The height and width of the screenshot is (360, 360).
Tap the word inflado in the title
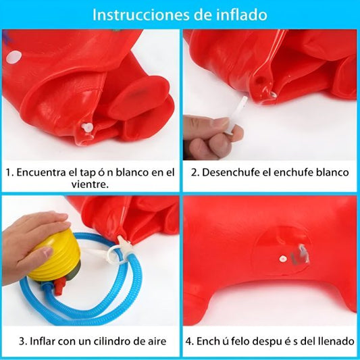242,14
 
